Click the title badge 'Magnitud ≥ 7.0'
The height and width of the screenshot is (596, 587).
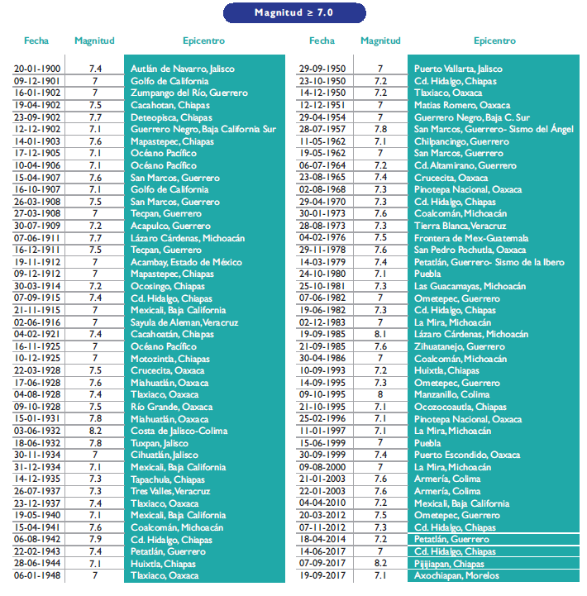(293, 12)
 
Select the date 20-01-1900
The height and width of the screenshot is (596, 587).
(36, 69)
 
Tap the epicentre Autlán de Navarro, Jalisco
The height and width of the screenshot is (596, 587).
(182, 69)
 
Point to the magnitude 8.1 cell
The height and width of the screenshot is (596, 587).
(380, 335)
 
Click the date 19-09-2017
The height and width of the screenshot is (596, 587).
(322, 576)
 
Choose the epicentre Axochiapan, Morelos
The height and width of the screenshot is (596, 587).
(463, 576)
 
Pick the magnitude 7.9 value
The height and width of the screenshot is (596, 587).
(95, 540)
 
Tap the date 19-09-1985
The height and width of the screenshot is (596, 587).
(322, 335)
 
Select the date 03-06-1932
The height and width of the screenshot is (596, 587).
(36, 432)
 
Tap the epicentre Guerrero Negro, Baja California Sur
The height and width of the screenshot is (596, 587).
(203, 130)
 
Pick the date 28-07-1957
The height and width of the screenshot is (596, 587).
(322, 130)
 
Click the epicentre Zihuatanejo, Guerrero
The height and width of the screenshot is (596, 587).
(460, 347)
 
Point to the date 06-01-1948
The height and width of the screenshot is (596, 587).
(36, 576)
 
